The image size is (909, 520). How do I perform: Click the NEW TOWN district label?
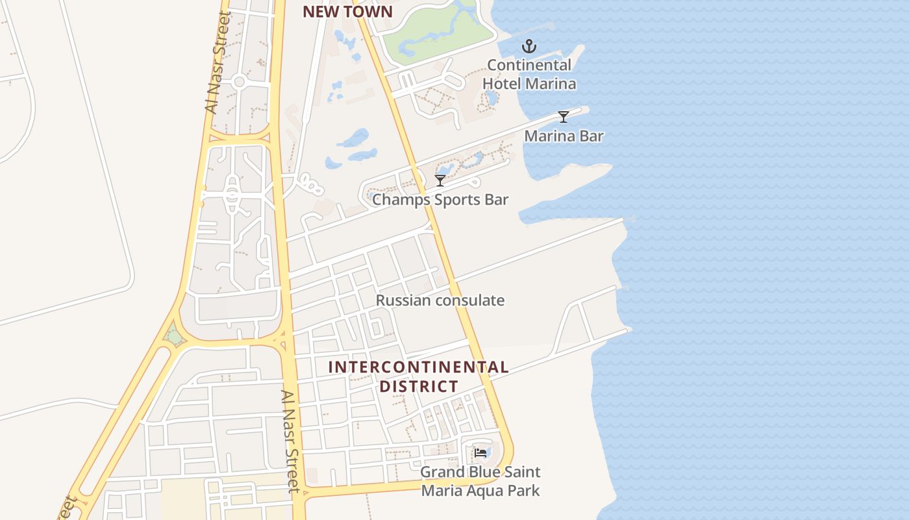[x=347, y=12]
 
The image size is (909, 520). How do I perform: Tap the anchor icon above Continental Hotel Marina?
[x=529, y=46]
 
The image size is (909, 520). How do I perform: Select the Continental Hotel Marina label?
[x=529, y=74]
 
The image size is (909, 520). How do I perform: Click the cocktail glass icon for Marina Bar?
[x=564, y=117]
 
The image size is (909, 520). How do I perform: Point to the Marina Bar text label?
[x=564, y=136]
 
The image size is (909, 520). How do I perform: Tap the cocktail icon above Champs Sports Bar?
[x=440, y=180]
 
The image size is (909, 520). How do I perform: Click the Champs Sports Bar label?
[x=440, y=199]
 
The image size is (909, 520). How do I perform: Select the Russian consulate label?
[x=440, y=300]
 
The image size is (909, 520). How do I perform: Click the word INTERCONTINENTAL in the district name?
[x=418, y=367]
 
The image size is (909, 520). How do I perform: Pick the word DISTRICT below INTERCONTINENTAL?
[x=419, y=386]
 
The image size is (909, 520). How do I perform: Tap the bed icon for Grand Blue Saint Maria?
[x=480, y=452]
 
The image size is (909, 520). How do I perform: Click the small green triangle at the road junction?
[x=173, y=337]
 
